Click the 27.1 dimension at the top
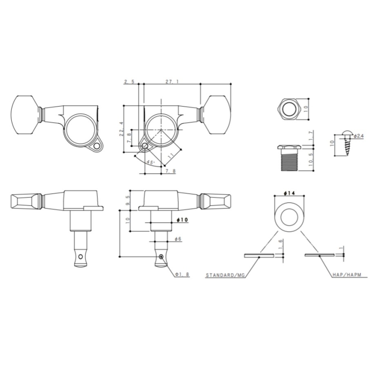[x=172, y=81]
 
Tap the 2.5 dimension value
[x=129, y=81]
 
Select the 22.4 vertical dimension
[x=121, y=129]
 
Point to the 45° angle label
[x=150, y=162]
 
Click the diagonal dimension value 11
[x=171, y=156]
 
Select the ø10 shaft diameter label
[x=182, y=220]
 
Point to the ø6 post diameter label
[x=178, y=239]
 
